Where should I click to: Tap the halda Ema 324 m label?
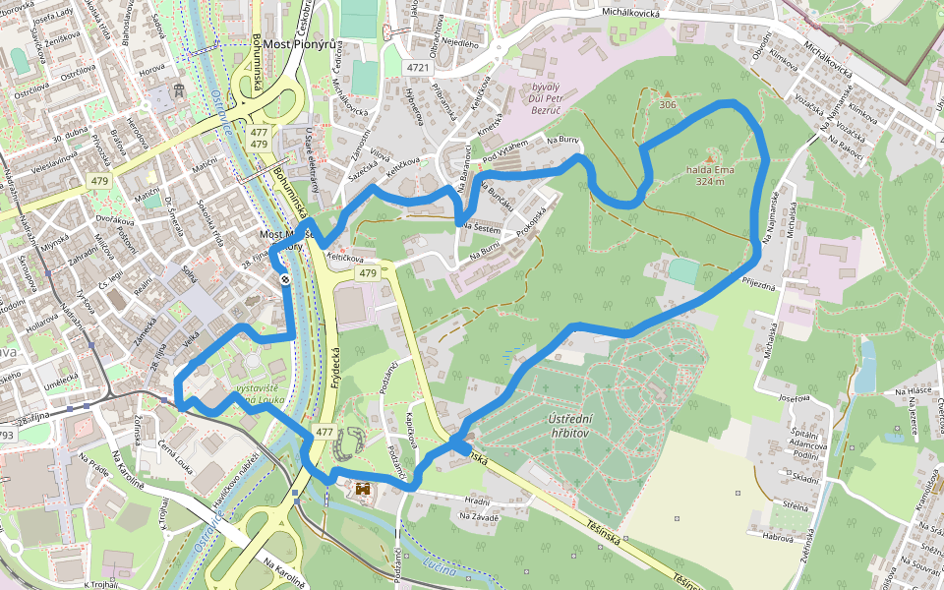(712, 175)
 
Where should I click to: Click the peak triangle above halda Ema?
(710, 157)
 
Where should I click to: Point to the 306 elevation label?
(668, 104)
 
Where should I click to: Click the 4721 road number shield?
(419, 68)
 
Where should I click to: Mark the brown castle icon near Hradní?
(363, 489)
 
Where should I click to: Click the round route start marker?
(284, 280)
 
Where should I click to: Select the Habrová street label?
(778, 537)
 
